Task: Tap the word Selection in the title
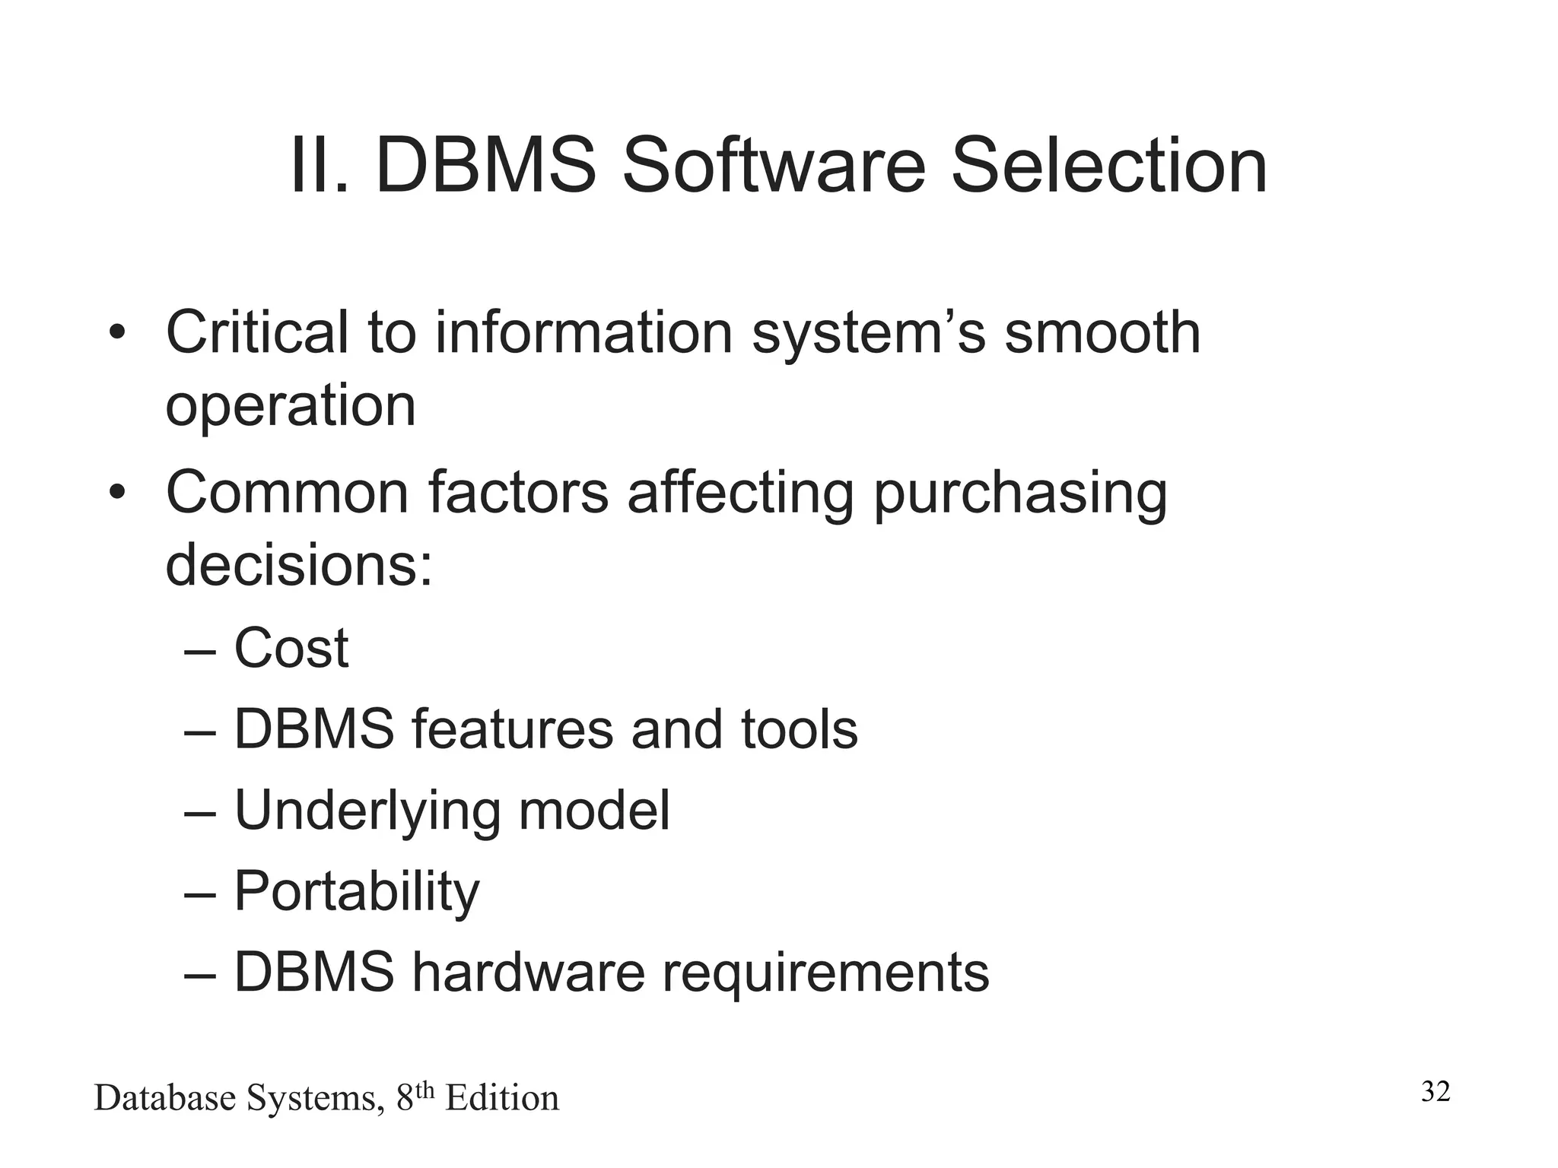pos(1108,166)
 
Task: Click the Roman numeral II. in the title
pos(319,166)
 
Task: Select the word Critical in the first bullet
pos(256,332)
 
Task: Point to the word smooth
pos(1102,332)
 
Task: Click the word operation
pos(291,405)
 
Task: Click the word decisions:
pos(299,565)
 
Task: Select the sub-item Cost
pos(291,649)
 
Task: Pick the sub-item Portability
pos(356,891)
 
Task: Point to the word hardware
pos(528,972)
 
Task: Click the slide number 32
pos(1436,1092)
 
